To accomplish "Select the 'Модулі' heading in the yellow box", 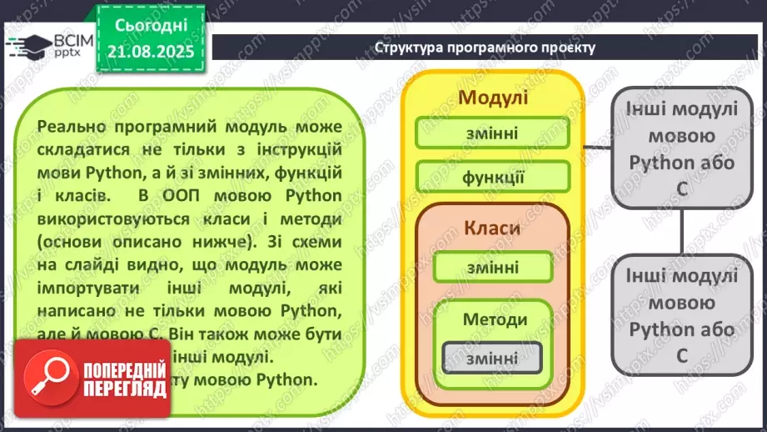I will [x=493, y=98].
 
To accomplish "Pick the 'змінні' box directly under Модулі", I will [x=492, y=133].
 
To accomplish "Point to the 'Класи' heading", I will [x=492, y=228].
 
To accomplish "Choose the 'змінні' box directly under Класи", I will [x=492, y=267].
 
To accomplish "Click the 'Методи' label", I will [x=495, y=319].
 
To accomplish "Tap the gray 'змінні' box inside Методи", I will [x=492, y=358].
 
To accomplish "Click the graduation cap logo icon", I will [x=27, y=43].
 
